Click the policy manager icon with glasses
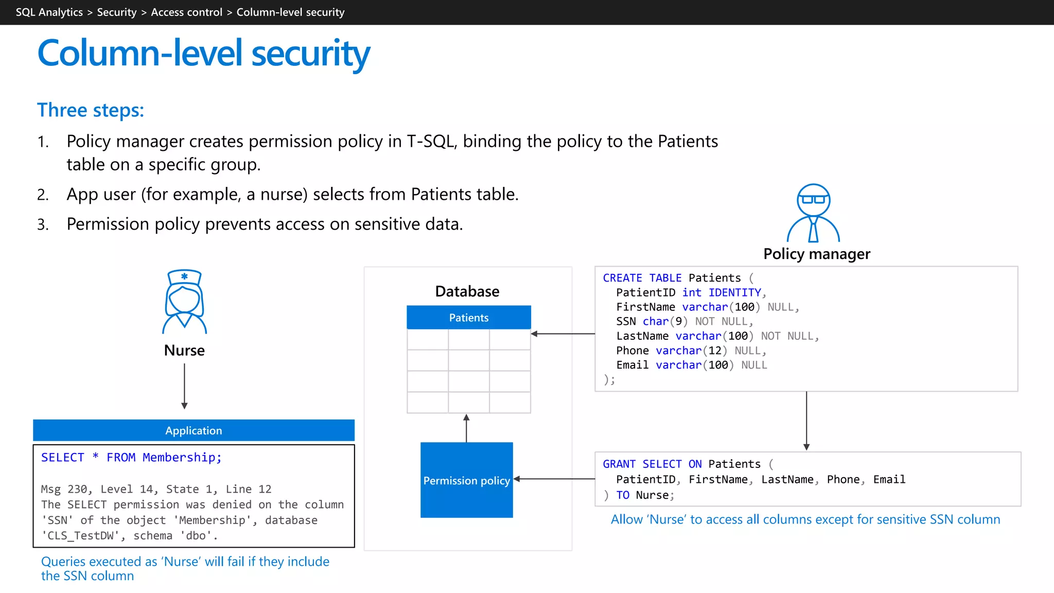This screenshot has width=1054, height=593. (813, 213)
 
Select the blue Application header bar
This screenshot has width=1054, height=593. (194, 430)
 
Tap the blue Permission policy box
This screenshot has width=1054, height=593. (466, 480)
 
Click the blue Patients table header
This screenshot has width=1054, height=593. (468, 318)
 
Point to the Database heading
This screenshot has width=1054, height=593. (467, 291)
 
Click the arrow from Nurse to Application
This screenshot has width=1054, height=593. (184, 386)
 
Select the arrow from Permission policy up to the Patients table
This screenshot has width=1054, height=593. (466, 428)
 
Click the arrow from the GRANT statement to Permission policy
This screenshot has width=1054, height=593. (554, 479)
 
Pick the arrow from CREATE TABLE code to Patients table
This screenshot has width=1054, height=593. (563, 334)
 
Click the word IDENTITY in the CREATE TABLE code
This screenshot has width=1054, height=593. (734, 292)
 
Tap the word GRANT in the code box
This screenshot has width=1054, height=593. (619, 464)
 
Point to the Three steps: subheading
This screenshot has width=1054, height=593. (91, 110)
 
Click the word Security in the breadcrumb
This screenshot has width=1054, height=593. (117, 12)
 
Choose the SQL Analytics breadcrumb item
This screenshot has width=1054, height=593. (49, 12)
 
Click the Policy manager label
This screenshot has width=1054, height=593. (817, 254)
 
